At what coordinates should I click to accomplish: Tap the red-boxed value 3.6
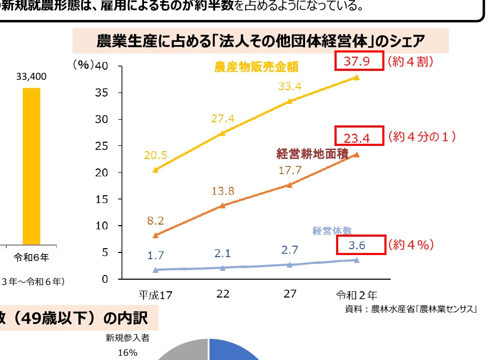click(357, 245)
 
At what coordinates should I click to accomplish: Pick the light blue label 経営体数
click(331, 230)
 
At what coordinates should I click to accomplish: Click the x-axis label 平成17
click(155, 295)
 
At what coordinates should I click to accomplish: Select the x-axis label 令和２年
click(357, 294)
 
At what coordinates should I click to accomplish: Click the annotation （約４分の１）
click(422, 137)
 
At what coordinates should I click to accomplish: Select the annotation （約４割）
click(410, 61)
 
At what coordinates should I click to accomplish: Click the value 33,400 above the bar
click(31, 77)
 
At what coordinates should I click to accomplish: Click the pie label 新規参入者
click(127, 338)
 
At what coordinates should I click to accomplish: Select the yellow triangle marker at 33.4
click(290, 101)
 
